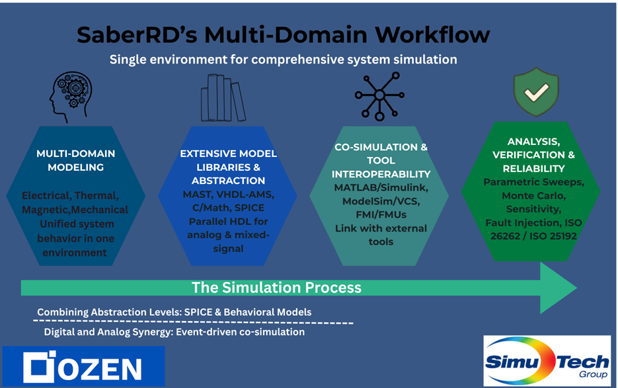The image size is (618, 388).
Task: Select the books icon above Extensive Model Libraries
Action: pos(223,98)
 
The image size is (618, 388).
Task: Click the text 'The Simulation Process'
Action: pos(276,287)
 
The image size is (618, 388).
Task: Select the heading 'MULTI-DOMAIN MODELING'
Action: pos(75,160)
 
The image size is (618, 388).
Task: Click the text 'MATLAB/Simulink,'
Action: pos(381,188)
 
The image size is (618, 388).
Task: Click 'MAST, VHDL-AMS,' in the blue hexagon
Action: pos(228,194)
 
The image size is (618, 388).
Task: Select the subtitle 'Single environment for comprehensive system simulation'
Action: pos(283,60)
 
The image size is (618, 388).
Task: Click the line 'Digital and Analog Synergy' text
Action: pos(174,332)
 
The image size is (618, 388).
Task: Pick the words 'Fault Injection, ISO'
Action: pos(533,222)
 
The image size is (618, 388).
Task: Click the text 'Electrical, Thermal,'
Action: pos(70,196)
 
